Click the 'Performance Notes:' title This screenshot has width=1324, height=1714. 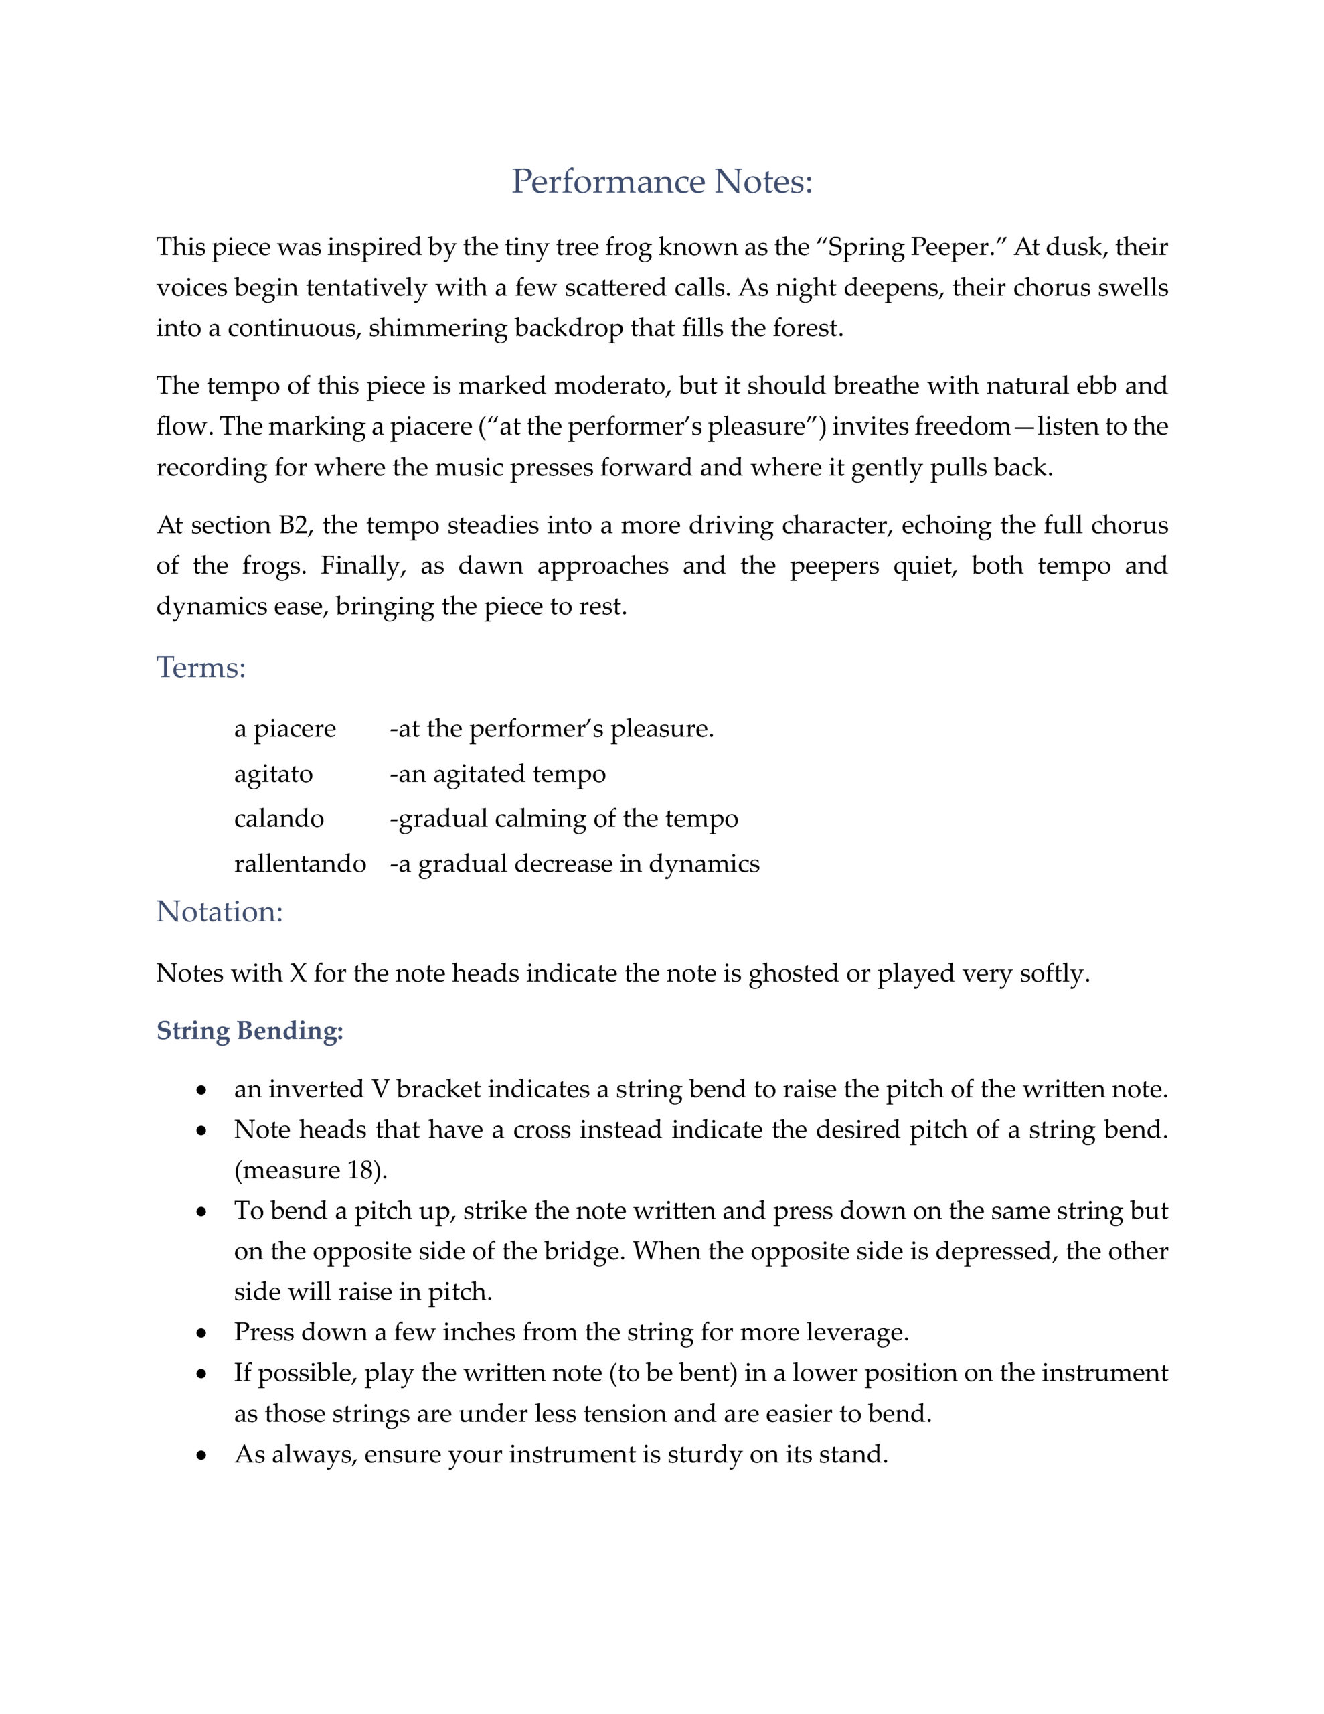661,182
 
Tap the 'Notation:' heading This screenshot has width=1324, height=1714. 219,911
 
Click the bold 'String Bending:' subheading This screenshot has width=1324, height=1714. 250,1030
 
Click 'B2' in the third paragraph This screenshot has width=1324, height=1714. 292,524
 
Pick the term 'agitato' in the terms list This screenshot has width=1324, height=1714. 273,774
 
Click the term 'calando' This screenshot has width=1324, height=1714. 278,819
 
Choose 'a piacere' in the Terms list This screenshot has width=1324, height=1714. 285,729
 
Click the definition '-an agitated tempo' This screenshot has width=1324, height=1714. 497,774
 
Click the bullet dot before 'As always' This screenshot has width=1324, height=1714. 203,1456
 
